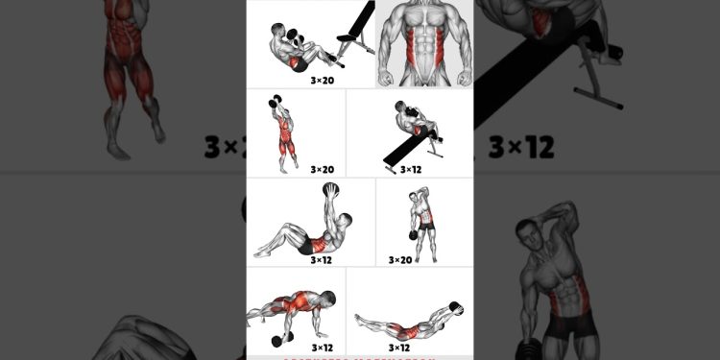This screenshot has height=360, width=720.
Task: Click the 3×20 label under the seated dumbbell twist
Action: pos(322,81)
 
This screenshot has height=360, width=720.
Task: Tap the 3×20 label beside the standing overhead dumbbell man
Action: pos(322,169)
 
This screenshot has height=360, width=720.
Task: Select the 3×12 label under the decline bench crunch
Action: pos(410,169)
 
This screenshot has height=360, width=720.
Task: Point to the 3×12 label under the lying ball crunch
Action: pos(322,259)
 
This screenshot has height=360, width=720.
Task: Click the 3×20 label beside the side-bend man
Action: pos(400,259)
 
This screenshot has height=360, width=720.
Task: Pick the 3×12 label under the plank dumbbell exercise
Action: pos(322,348)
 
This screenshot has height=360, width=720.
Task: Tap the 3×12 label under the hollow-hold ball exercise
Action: pos(400,348)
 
